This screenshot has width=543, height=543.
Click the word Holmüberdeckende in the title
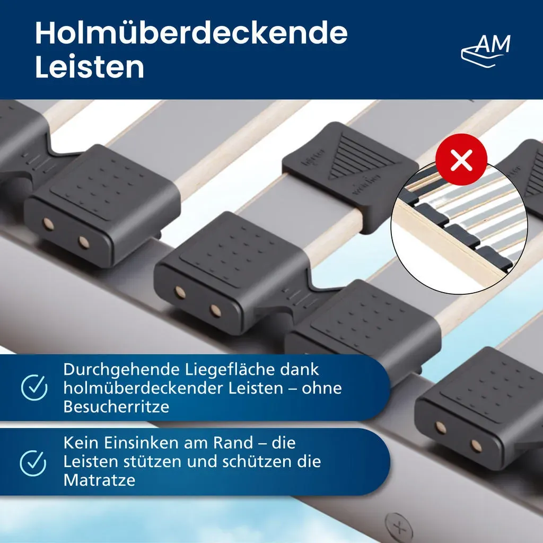(191, 33)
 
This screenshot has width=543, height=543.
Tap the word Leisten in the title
(90, 67)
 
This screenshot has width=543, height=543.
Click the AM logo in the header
(486, 50)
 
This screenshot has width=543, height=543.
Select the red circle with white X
(461, 160)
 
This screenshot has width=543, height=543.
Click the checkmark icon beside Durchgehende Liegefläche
(34, 387)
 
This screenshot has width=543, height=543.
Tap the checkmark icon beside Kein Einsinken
(33, 463)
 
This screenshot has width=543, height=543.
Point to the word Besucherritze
(116, 407)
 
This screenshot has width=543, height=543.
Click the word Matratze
(99, 480)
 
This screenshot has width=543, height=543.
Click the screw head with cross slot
(399, 528)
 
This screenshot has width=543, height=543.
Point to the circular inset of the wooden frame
(459, 228)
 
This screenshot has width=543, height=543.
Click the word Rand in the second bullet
(233, 443)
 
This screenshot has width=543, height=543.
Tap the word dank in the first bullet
(299, 369)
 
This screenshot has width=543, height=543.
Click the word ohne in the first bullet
(322, 388)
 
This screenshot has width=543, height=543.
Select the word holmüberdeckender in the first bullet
(144, 388)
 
